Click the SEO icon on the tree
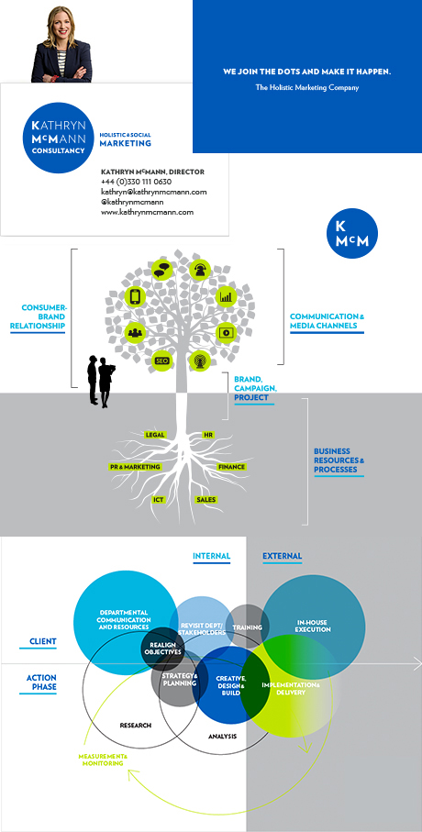tap(161, 361)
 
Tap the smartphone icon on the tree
tap(136, 296)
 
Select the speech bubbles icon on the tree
tap(161, 270)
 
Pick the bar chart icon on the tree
tap(226, 296)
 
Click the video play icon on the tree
tap(226, 333)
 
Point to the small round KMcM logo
tap(352, 234)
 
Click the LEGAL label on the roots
tap(155, 435)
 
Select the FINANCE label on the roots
tap(231, 467)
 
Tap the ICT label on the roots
tap(158, 499)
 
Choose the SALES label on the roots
tap(206, 499)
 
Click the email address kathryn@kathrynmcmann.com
tap(154, 192)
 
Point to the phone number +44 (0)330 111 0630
tap(137, 182)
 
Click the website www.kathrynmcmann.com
tap(147, 212)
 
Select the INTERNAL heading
tap(211, 556)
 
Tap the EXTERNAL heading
tap(283, 556)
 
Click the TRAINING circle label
tap(248, 627)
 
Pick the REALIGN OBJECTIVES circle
tap(162, 648)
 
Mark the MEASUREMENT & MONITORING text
tap(103, 760)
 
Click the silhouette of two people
tap(102, 382)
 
